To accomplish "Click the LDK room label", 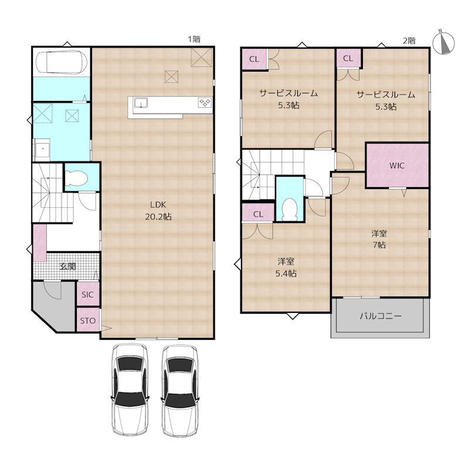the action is click(158, 205).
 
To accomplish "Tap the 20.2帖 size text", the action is click(158, 217).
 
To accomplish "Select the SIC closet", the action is click(87, 294).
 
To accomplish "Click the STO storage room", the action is click(87, 320).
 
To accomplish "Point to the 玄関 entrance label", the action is click(67, 266).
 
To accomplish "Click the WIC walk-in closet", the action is click(397, 166).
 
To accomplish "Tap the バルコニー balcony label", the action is click(380, 316).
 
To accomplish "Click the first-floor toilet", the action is click(76, 178).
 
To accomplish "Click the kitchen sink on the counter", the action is click(141, 103).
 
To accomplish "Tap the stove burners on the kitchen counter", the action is click(205, 103).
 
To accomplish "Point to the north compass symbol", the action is click(444, 42).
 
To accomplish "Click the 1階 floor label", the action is click(194, 39).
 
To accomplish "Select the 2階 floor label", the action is click(409, 40).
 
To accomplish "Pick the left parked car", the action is click(130, 390).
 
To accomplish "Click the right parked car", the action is click(180, 390).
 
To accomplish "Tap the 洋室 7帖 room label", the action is click(379, 239).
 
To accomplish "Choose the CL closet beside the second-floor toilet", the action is click(258, 214).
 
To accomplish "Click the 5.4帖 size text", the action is click(286, 273).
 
